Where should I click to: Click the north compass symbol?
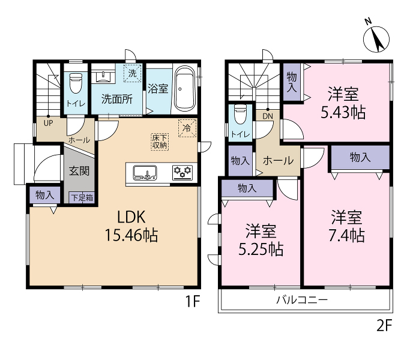coord(376,39)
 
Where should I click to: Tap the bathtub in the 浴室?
coord(185,89)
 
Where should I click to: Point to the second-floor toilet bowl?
coord(241,115)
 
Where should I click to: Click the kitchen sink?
coord(145,173)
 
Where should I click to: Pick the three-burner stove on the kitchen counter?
coord(182,173)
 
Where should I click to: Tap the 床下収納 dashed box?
coord(160,142)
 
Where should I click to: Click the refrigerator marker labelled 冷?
coord(187,128)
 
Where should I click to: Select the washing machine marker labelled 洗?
coord(133,73)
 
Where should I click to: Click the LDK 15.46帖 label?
coord(131,226)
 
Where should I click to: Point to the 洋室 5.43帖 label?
coord(343,103)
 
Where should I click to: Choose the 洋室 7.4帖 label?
coord(347,226)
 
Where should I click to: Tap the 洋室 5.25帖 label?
coord(261,239)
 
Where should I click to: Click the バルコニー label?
coord(302,300)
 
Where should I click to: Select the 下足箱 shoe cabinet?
coord(82,198)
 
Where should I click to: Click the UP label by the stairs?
coord(48,123)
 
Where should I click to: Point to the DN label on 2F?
coord(268,116)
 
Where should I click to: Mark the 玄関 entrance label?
coord(79,171)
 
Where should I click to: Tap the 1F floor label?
coord(192,301)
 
